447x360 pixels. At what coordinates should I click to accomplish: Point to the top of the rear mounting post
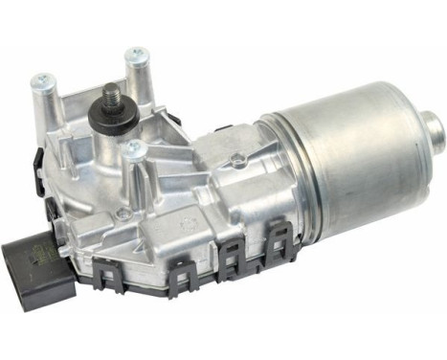[x=137, y=54]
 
